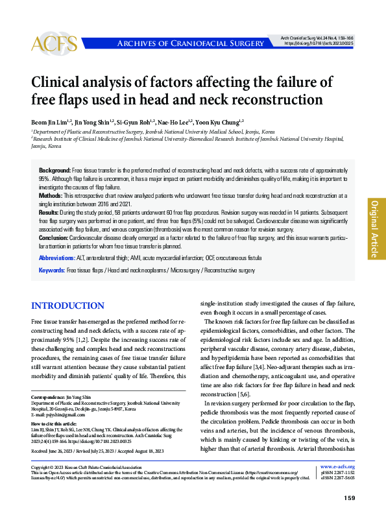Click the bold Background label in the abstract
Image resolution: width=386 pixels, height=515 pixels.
(54, 168)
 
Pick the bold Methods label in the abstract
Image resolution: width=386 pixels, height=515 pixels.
(51, 195)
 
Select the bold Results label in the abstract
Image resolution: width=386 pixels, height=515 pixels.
(49, 212)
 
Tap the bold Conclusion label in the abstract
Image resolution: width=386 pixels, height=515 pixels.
(54, 238)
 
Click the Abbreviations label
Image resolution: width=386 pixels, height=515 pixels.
(57, 257)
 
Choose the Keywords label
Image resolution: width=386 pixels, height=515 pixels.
(51, 270)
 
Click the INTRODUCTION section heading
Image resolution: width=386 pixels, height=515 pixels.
(67, 306)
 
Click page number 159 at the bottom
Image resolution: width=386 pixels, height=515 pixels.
(348, 498)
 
